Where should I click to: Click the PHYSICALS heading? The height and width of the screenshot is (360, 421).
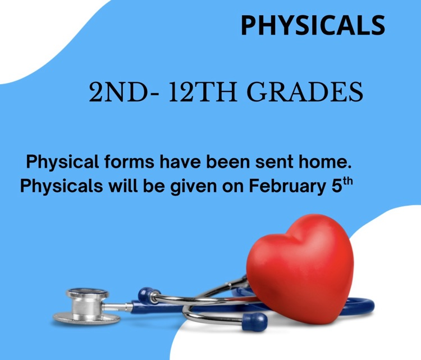[x=313, y=25]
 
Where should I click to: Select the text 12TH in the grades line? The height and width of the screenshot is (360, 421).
[x=203, y=92]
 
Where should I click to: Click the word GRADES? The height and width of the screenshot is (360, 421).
[x=305, y=92]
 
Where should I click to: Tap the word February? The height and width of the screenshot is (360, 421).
[x=287, y=186]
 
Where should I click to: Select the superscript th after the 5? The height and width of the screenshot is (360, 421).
[x=347, y=181]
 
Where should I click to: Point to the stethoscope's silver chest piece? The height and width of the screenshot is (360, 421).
[x=86, y=306]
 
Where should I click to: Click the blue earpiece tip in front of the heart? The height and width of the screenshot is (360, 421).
[x=254, y=321]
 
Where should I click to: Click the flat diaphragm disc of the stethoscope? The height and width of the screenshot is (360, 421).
[x=86, y=318]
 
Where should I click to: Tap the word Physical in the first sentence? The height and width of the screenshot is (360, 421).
[x=62, y=163]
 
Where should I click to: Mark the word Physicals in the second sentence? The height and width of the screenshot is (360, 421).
[x=62, y=186]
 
